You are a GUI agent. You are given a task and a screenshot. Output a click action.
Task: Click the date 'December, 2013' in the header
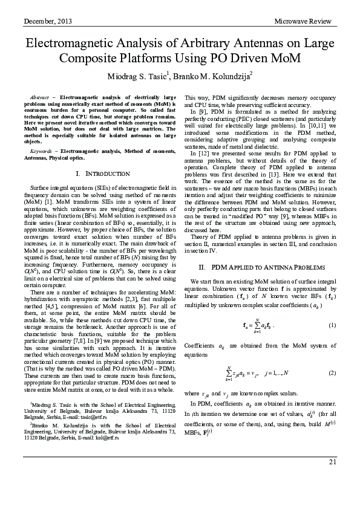tap(48, 22)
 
